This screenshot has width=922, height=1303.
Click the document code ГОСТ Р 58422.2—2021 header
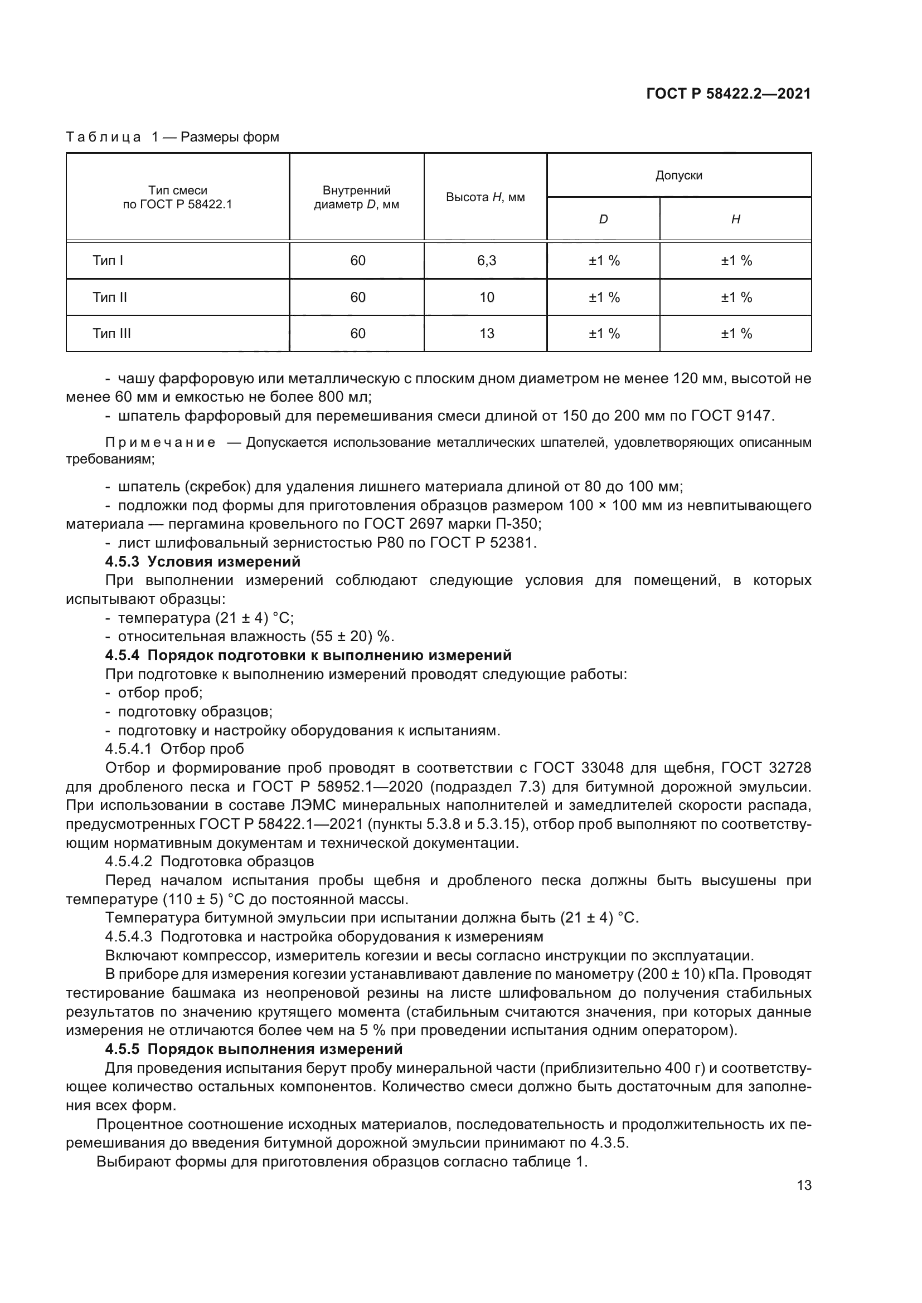coord(729,94)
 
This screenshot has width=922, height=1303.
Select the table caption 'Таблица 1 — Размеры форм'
coord(173,138)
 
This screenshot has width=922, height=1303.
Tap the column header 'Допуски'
coord(678,175)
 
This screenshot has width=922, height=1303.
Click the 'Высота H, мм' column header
coord(485,198)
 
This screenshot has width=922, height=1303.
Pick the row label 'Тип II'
coord(110,297)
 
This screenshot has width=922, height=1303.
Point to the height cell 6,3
coord(487,261)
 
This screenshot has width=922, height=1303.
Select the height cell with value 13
coord(487,334)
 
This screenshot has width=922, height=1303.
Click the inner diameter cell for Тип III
coord(358,334)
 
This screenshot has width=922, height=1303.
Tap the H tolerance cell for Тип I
coord(736,261)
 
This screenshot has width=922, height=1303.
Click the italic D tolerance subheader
coord(603,219)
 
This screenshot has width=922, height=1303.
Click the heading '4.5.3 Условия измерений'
coord(203,562)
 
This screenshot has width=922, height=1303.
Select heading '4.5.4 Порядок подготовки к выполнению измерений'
coord(308,656)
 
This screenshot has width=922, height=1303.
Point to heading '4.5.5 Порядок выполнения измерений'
coord(254,1049)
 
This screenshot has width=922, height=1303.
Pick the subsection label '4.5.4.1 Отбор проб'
coord(174,749)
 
